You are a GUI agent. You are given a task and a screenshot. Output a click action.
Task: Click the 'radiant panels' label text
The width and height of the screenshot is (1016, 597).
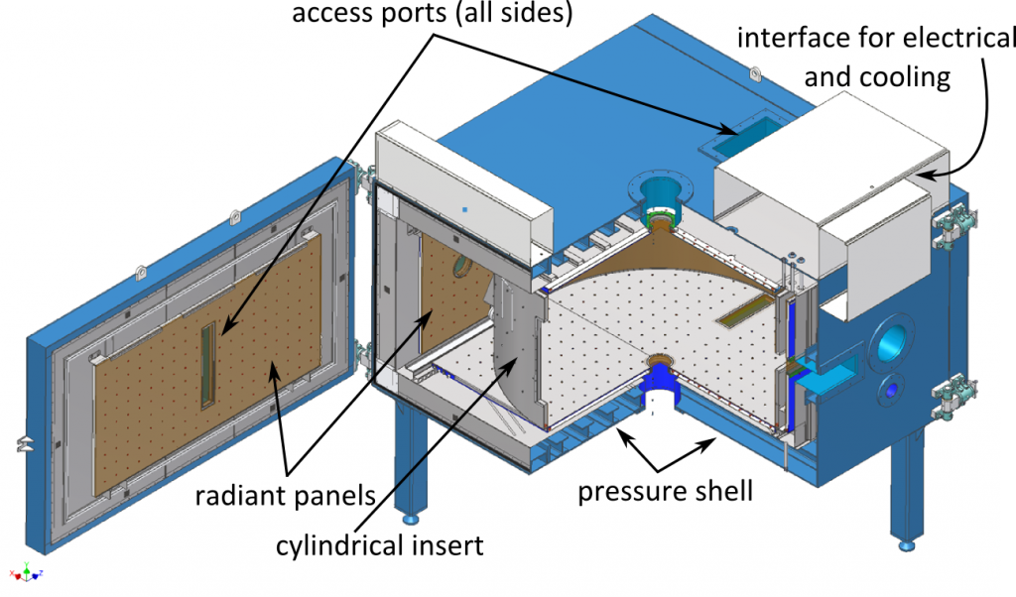pos(285,494)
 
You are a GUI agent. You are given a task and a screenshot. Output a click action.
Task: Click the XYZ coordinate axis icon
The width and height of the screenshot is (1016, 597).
pos(27,573)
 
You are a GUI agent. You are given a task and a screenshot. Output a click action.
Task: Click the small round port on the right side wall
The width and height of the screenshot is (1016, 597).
pos(892,390)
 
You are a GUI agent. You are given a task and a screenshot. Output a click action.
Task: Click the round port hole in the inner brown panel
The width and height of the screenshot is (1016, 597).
pos(462,266)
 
